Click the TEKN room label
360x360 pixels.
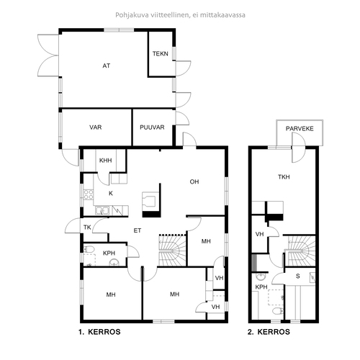pyautogui.click(x=161, y=53)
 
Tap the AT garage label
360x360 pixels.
pyautogui.click(x=107, y=66)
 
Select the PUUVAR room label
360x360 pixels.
pyautogui.click(x=152, y=127)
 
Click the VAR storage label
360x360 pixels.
pyautogui.click(x=96, y=127)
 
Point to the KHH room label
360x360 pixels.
pyautogui.click(x=106, y=161)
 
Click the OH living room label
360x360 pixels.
pyautogui.click(x=194, y=181)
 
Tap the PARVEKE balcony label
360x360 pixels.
pyautogui.click(x=300, y=129)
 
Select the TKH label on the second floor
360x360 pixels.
pyautogui.click(x=284, y=177)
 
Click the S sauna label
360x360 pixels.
pyautogui.click(x=298, y=276)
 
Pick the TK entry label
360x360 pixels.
pyautogui.click(x=87, y=227)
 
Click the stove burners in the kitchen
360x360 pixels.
pyautogui.click(x=89, y=194)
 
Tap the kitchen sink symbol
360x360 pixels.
pyautogui.click(x=102, y=211)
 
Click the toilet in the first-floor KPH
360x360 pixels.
pyautogui.click(x=89, y=249)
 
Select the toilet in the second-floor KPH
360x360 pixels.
pyautogui.click(x=278, y=311)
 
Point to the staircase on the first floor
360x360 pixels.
pyautogui.click(x=172, y=251)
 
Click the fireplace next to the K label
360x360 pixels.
pyautogui.click(x=151, y=204)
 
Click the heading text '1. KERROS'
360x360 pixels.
pyautogui.click(x=99, y=332)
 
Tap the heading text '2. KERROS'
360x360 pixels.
pyautogui.click(x=269, y=332)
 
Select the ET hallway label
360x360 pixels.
pyautogui.click(x=138, y=230)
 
